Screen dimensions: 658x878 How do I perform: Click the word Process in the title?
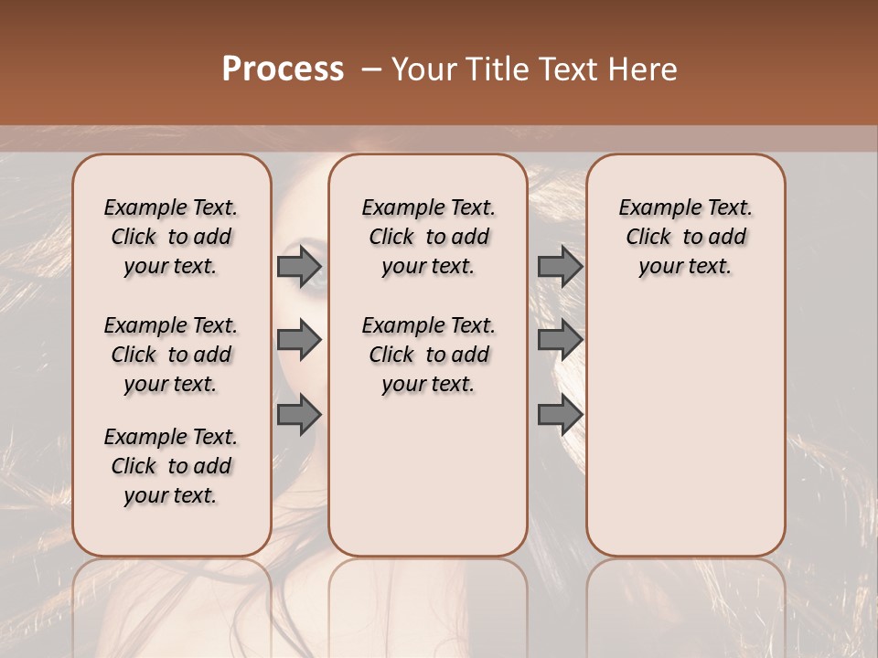283,69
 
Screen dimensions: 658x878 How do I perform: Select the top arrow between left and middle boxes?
299,266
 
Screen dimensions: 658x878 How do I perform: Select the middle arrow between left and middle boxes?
299,340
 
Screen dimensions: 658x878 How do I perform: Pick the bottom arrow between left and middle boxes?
299,415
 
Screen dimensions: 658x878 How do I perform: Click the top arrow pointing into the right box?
560,266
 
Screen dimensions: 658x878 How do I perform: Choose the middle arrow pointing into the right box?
560,340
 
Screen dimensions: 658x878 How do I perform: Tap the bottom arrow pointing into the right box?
560,415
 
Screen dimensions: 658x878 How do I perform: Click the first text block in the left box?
171,237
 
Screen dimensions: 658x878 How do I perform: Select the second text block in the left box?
171,355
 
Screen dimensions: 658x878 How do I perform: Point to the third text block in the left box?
171,466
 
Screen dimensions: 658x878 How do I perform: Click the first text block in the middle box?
428,237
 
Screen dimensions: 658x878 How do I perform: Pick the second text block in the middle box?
428,355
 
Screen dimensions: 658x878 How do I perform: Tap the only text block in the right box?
685,237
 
